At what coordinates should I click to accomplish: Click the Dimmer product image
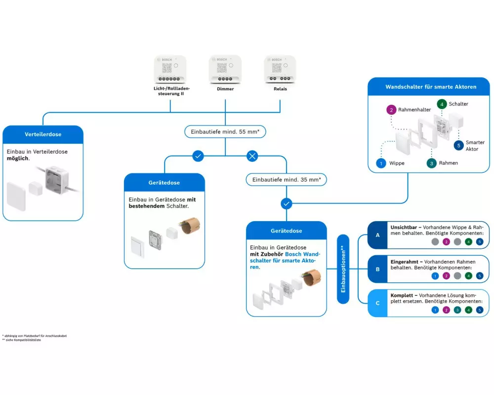coord(225,71)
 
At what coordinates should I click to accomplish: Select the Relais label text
coord(280,89)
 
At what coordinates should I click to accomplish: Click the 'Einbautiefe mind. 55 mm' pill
coord(225,131)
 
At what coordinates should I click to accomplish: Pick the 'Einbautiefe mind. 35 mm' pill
coord(287,180)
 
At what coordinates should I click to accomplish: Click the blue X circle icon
coord(252,157)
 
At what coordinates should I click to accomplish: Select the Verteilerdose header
coord(42,134)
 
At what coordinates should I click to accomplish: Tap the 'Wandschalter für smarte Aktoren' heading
coord(431,87)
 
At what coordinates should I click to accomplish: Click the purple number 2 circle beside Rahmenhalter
coord(390,110)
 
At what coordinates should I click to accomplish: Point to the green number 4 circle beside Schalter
coord(441,104)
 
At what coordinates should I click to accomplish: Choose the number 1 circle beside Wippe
coord(380,163)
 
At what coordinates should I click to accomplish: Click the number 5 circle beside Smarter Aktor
coord(458,146)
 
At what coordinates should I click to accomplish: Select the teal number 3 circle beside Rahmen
coord(431,163)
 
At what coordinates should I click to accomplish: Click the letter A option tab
coord(377,235)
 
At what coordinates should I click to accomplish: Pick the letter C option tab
coord(377,303)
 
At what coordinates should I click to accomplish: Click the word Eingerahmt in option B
coord(405,262)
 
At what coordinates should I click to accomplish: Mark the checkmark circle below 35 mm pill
coord(287,203)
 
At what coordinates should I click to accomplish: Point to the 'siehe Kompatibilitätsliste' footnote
coord(23,340)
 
